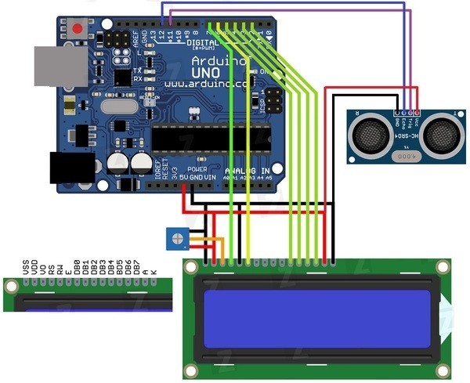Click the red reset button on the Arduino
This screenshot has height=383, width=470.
[x=77, y=30]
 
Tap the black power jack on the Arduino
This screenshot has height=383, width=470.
[x=71, y=167]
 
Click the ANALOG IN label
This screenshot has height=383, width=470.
[x=247, y=170]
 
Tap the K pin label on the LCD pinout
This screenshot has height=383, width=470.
[x=154, y=271]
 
